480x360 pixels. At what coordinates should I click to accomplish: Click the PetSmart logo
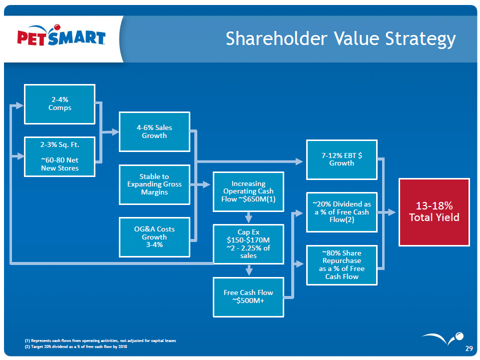[61, 38]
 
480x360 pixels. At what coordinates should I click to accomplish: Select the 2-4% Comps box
[59, 104]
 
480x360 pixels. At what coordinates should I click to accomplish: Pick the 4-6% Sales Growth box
[154, 131]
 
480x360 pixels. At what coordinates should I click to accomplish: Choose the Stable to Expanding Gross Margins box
[154, 184]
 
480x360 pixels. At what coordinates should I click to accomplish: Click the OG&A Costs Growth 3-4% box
[154, 237]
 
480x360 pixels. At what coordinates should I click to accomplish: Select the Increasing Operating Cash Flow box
[248, 191]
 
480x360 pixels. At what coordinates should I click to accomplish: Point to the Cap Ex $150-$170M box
[248, 244]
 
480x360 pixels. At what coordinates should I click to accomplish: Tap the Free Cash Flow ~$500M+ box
[248, 296]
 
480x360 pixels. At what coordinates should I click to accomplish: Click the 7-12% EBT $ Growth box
[342, 159]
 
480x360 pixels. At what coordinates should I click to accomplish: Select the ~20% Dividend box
[342, 212]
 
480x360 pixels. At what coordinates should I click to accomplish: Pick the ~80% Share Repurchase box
[342, 264]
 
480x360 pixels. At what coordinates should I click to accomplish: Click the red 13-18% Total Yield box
[434, 212]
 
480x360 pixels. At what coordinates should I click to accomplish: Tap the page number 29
[469, 348]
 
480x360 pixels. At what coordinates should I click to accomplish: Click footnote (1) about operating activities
[100, 340]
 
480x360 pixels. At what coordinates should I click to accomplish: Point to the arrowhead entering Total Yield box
[395, 212]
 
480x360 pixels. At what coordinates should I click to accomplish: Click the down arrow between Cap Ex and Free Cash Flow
[249, 270]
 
